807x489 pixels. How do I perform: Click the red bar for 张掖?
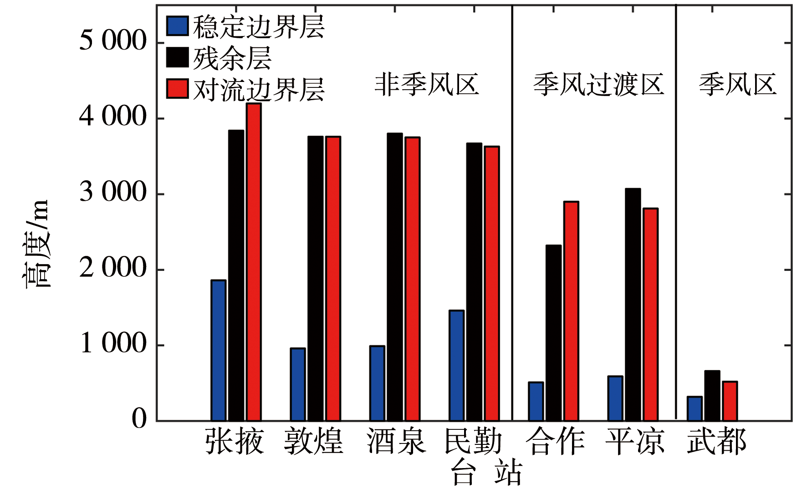coord(254,262)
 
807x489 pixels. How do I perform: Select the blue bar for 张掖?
coord(218,350)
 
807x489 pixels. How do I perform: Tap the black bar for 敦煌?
coord(315,278)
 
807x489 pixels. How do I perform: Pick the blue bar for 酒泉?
coord(377,383)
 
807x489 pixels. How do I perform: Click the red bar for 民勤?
coord(492,283)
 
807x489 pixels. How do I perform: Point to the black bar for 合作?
coord(553,333)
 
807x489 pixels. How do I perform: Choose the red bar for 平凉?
coord(650,314)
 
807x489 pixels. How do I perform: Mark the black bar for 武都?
coord(712,395)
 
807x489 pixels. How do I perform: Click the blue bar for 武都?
coord(695,408)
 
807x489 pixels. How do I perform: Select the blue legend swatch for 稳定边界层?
coord(177,26)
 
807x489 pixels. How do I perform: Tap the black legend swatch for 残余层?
coord(177,57)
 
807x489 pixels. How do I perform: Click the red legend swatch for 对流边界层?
coord(177,89)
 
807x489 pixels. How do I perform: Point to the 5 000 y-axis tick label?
coord(113,41)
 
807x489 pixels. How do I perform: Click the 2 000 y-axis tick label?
coord(113,268)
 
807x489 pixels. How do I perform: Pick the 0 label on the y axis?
coord(139,419)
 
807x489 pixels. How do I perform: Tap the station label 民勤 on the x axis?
coord(473,441)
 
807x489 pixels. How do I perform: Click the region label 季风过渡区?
coord(598,85)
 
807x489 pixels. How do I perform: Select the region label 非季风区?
coord(427,85)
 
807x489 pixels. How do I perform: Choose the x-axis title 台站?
coord(486,474)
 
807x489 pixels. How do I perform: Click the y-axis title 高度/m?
coord(36,244)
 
